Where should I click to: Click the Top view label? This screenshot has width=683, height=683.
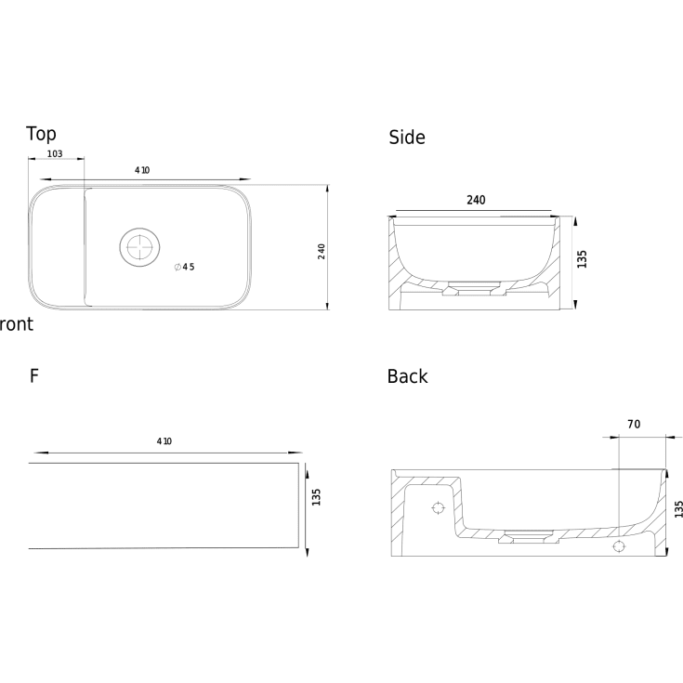[41, 134]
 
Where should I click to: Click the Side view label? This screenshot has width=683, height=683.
[407, 138]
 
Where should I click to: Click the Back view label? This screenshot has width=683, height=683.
[407, 376]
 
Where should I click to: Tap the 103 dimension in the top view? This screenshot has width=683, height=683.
[55, 153]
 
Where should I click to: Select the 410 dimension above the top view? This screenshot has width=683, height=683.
[142, 170]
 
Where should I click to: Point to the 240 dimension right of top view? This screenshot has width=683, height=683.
[322, 252]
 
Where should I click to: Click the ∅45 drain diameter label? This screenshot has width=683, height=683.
[184, 267]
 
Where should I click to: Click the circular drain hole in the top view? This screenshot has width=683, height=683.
[139, 246]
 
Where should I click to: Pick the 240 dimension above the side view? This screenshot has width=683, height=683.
[476, 200]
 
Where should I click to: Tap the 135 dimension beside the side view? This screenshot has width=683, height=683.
[582, 259]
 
